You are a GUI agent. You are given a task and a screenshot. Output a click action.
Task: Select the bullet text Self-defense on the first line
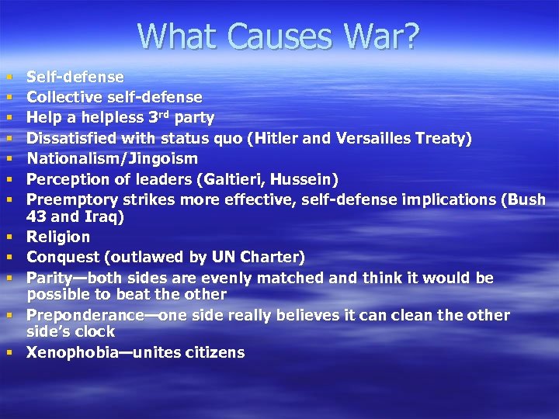click(75, 77)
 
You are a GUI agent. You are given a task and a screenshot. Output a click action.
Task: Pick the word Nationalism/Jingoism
click(113, 158)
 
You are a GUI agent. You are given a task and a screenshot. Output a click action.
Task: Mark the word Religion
click(58, 237)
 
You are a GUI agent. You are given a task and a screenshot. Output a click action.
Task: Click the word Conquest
click(63, 257)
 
